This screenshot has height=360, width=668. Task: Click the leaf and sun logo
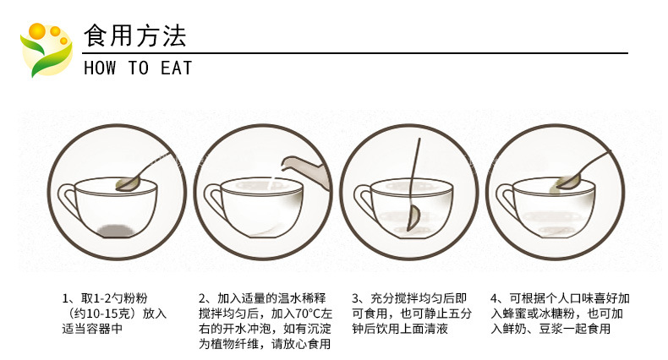point(46,50)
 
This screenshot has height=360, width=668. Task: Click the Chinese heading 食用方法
point(135,35)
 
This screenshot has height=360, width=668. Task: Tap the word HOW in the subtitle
point(100,68)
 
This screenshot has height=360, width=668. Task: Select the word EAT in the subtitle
point(176,68)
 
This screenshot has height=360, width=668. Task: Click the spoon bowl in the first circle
point(129,184)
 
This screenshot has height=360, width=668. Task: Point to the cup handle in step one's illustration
point(68,200)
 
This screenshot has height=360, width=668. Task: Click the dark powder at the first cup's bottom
point(117,230)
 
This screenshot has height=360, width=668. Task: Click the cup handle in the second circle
point(215,201)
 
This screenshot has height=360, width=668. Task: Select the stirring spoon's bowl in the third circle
point(413,218)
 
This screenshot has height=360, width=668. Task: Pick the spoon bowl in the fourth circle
point(570,183)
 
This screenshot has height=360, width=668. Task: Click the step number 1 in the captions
point(65,298)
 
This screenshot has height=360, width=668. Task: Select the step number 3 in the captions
point(355,298)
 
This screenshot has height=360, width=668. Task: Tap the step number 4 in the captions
point(494,298)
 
